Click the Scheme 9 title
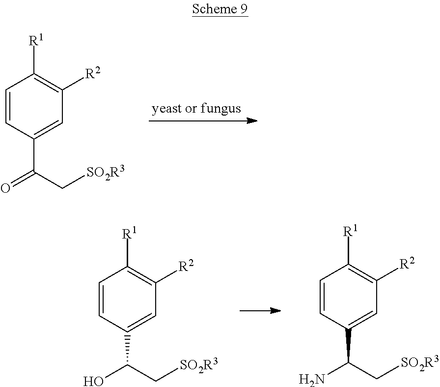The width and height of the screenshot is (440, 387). click(220, 9)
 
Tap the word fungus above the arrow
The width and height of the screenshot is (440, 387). click(220, 109)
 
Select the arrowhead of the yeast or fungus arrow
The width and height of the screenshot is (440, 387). click(252, 121)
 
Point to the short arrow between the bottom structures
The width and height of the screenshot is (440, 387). click(260, 311)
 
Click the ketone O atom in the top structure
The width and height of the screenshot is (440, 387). click(5, 188)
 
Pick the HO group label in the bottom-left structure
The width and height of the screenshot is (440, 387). click(93, 382)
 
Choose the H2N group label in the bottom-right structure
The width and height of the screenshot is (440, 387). click(312, 380)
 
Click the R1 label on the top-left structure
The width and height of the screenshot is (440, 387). click(36, 40)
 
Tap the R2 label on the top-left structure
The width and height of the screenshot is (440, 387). click(93, 73)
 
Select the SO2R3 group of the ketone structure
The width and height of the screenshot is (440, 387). click(105, 173)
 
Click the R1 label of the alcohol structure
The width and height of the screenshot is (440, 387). click(129, 233)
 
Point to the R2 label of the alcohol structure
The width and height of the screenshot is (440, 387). click(186, 266)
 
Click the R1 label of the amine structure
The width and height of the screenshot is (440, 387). click(351, 231)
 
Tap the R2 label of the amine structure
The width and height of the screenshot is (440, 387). click(408, 264)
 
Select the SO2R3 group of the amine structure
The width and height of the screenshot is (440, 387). click(420, 363)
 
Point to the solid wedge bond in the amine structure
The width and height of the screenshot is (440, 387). click(349, 345)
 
